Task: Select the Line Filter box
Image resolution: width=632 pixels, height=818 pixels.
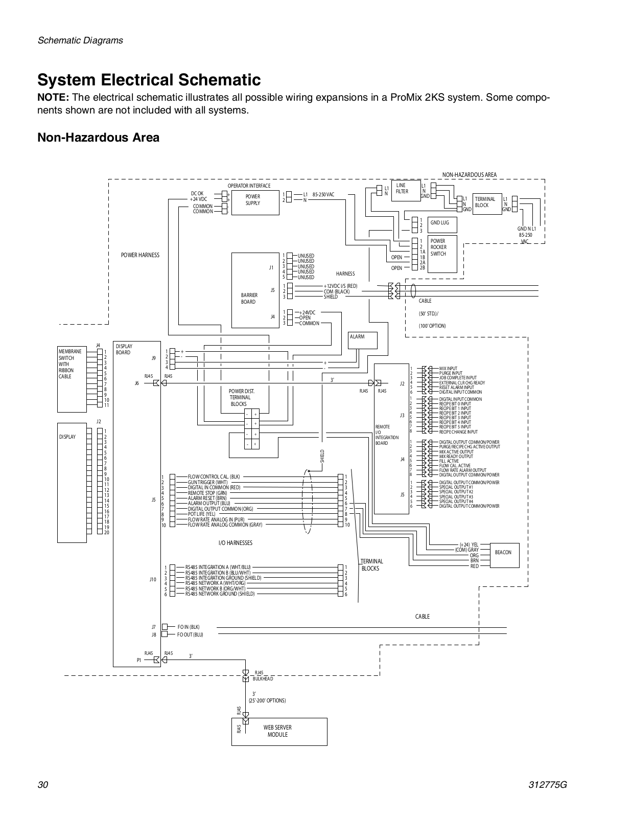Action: click(406, 191)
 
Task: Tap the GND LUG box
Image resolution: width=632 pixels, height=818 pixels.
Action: click(442, 224)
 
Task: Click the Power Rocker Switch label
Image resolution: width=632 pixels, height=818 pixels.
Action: click(438, 247)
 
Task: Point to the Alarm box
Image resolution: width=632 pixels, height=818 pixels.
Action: click(363, 339)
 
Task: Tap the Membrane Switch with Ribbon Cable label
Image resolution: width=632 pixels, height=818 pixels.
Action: click(70, 364)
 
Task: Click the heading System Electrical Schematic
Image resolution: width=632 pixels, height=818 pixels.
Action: click(149, 80)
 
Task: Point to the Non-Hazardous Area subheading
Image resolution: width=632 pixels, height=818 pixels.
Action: click(99, 138)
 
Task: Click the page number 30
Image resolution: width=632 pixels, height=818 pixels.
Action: click(43, 786)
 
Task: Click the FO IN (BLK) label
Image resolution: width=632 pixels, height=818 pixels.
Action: click(189, 627)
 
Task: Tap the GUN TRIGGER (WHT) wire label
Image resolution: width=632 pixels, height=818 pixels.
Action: click(208, 482)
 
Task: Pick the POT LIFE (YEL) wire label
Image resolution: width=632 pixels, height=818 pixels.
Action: click(201, 514)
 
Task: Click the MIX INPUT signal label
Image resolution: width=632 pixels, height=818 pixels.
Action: click(448, 368)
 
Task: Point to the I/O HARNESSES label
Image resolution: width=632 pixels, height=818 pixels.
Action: click(236, 543)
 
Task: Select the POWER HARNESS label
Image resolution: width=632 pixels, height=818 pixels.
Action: click(140, 255)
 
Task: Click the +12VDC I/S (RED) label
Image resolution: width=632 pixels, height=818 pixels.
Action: click(341, 286)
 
